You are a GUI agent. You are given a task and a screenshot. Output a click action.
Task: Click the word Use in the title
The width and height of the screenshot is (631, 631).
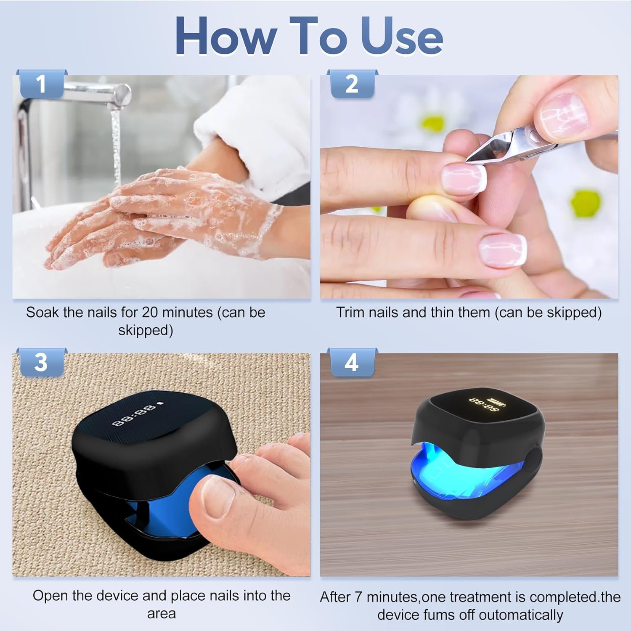pyautogui.click(x=402, y=37)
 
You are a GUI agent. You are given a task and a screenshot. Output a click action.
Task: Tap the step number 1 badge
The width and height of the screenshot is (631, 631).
pyautogui.click(x=41, y=84)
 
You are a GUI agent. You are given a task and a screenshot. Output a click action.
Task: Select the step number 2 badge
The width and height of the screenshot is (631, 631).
pyautogui.click(x=352, y=84)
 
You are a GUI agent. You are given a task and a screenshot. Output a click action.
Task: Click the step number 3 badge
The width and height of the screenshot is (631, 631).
pyautogui.click(x=41, y=362)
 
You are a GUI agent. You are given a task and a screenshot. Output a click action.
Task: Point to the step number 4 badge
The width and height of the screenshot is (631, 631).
pyautogui.click(x=352, y=362)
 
